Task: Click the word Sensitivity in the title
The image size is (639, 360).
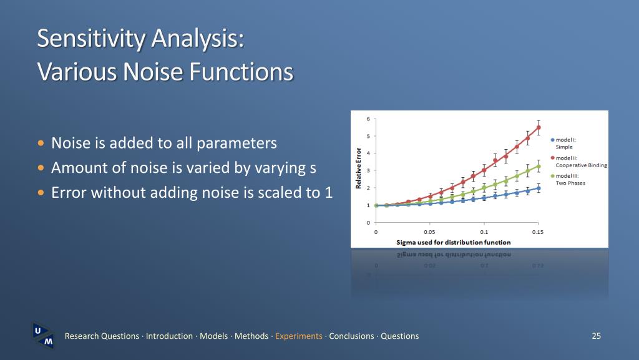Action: pos(92,39)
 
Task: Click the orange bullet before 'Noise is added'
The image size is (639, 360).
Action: pos(41,143)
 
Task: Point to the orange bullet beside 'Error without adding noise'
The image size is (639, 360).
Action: pos(41,192)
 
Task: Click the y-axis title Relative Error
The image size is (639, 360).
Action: pos(359,168)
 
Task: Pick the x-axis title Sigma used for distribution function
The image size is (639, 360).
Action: pos(454,242)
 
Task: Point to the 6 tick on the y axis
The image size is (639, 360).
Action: pos(368,119)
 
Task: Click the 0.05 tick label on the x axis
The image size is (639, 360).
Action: pos(429,232)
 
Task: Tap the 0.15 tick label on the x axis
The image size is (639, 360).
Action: pos(538,232)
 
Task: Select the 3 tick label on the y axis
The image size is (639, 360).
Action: pos(368,170)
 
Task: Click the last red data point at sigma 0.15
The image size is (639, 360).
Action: pos(539,127)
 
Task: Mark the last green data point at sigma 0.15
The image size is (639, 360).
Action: pos(539,166)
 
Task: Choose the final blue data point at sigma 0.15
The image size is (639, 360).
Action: pos(539,188)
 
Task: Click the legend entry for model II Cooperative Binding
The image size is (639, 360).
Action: pos(578,162)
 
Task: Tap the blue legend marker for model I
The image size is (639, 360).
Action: pos(553,140)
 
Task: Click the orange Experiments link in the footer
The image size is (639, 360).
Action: pos(299,336)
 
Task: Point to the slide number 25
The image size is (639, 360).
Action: pos(596,336)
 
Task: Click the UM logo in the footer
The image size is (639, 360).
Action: pos(43,335)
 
